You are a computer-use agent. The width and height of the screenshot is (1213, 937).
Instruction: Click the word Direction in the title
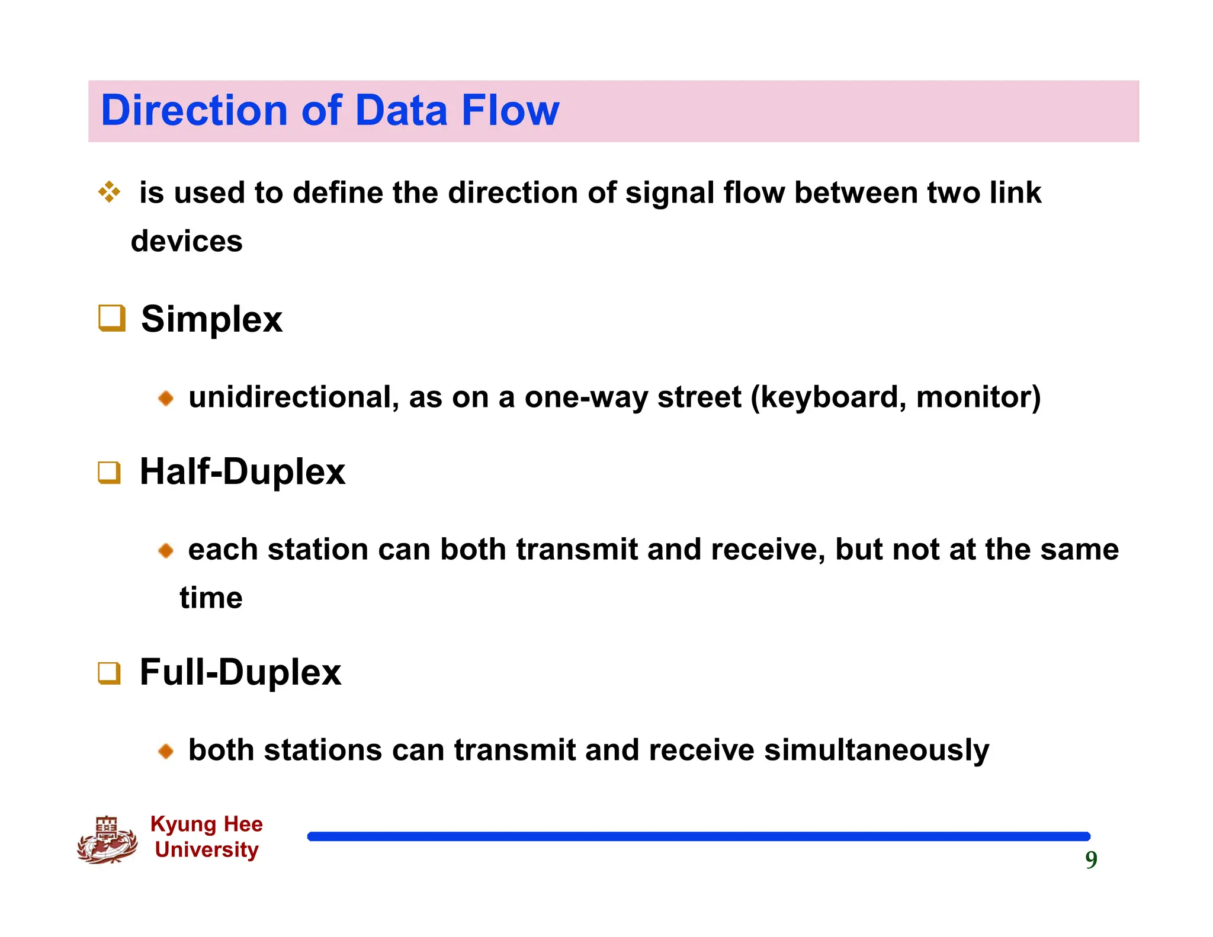(x=194, y=111)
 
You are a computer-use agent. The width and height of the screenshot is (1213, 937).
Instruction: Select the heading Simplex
(x=211, y=319)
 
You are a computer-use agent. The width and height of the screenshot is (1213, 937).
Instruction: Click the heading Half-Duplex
(x=242, y=472)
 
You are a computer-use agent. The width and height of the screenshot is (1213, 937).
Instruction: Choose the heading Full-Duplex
(x=240, y=673)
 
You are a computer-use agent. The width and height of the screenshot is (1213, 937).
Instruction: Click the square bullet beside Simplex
(x=111, y=318)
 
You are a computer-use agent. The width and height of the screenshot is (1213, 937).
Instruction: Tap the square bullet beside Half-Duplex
(x=110, y=473)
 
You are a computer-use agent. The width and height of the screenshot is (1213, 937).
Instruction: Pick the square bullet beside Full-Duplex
(x=110, y=673)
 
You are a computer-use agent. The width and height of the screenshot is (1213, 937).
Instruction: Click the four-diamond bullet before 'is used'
(x=110, y=192)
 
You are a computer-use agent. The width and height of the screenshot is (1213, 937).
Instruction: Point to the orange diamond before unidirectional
(x=166, y=398)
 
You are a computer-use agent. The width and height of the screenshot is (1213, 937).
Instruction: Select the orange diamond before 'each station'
(x=166, y=551)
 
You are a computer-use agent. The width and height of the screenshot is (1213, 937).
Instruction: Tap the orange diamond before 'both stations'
(x=166, y=752)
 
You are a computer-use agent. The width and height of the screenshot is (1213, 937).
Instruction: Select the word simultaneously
(x=877, y=750)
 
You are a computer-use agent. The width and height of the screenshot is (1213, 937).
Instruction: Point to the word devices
(x=187, y=242)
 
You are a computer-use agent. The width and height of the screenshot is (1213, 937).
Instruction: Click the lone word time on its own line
(x=211, y=598)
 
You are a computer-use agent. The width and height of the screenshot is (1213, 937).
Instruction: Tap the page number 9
(x=1091, y=860)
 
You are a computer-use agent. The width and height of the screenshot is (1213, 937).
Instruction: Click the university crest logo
(x=107, y=840)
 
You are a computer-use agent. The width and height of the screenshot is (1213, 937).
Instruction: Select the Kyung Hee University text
(x=206, y=836)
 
